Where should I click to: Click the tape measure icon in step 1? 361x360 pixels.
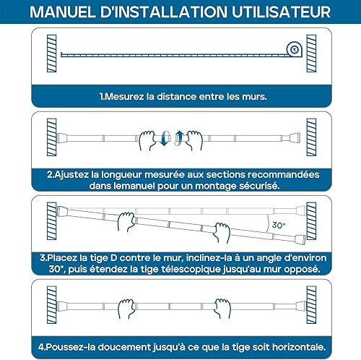294,49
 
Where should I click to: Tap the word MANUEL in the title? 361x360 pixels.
62,12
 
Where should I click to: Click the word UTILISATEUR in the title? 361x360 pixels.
282,12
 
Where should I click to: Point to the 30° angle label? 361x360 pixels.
279,225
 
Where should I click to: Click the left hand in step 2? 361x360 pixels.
147,140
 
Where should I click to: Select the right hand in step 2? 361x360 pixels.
194,140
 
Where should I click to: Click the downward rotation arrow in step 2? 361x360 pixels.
165,138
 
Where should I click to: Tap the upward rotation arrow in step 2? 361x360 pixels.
178,138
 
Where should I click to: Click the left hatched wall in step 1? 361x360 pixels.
51,53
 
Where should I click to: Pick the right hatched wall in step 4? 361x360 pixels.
311,305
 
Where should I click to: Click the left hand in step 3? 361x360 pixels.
126,221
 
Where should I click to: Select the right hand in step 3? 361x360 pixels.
222,233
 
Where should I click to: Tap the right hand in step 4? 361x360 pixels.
222,309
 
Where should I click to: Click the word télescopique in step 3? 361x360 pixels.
191,269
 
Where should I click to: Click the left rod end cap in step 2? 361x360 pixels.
61,138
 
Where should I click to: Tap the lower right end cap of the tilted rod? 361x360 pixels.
301,239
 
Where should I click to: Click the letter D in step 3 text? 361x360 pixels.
113,258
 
